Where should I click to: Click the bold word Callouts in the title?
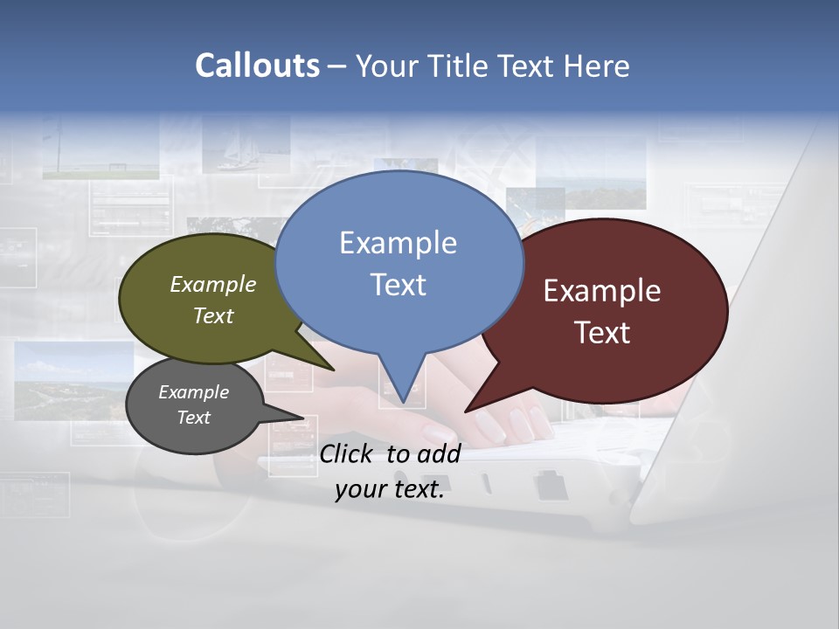(x=257, y=66)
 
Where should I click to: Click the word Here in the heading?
(x=597, y=66)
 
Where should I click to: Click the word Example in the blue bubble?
(x=398, y=243)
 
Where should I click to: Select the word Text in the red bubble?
(x=602, y=333)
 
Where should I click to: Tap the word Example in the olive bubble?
(x=213, y=284)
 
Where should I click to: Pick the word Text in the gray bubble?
(x=193, y=418)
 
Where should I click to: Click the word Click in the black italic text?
(x=346, y=453)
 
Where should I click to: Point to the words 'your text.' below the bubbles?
(x=390, y=489)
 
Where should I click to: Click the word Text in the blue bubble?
(x=399, y=285)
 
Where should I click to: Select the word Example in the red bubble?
(x=602, y=291)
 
